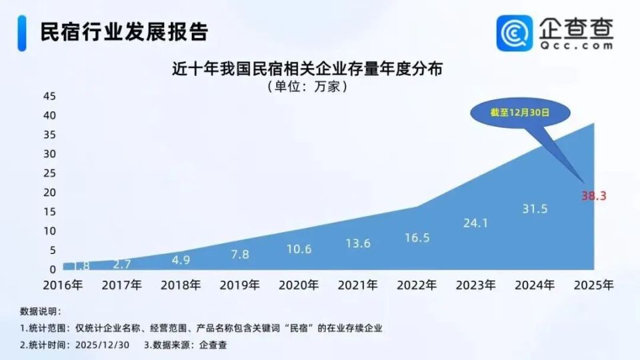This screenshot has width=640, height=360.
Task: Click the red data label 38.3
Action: [x=593, y=196]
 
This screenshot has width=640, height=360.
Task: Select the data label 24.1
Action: [x=475, y=223]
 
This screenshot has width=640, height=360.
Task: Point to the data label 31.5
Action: [x=534, y=209]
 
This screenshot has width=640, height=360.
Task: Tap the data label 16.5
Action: [x=417, y=237]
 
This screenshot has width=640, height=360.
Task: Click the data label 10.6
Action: [x=299, y=249]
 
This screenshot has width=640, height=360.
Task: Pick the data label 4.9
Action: [x=181, y=259]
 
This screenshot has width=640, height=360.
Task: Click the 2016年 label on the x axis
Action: [x=63, y=285]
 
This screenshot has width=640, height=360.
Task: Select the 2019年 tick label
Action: [x=239, y=285]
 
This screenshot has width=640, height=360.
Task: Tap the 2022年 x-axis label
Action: [x=417, y=285]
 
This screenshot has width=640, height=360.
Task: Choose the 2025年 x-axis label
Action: [x=593, y=285]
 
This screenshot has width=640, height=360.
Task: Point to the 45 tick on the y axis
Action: [x=49, y=96]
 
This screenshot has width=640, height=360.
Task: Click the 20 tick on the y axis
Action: [x=49, y=193]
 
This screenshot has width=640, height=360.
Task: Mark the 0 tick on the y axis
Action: [x=52, y=270]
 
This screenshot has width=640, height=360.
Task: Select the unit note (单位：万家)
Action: [x=307, y=87]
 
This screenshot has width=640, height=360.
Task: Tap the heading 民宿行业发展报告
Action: [x=123, y=31]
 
